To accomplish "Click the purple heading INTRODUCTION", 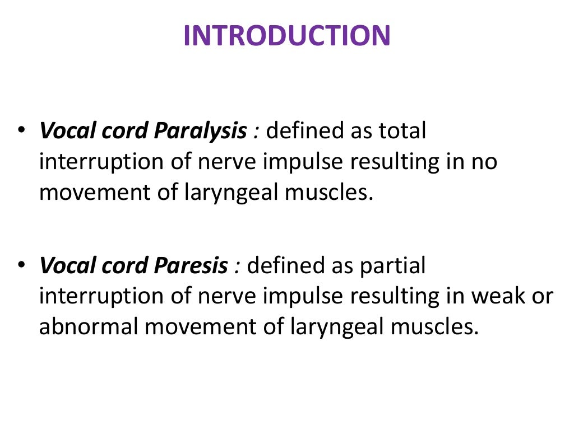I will pos(286,36).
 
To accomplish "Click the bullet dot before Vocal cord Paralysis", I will pos(21,131).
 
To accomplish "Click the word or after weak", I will pos(542,296).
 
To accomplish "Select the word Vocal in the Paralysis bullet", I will pos(65,132).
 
